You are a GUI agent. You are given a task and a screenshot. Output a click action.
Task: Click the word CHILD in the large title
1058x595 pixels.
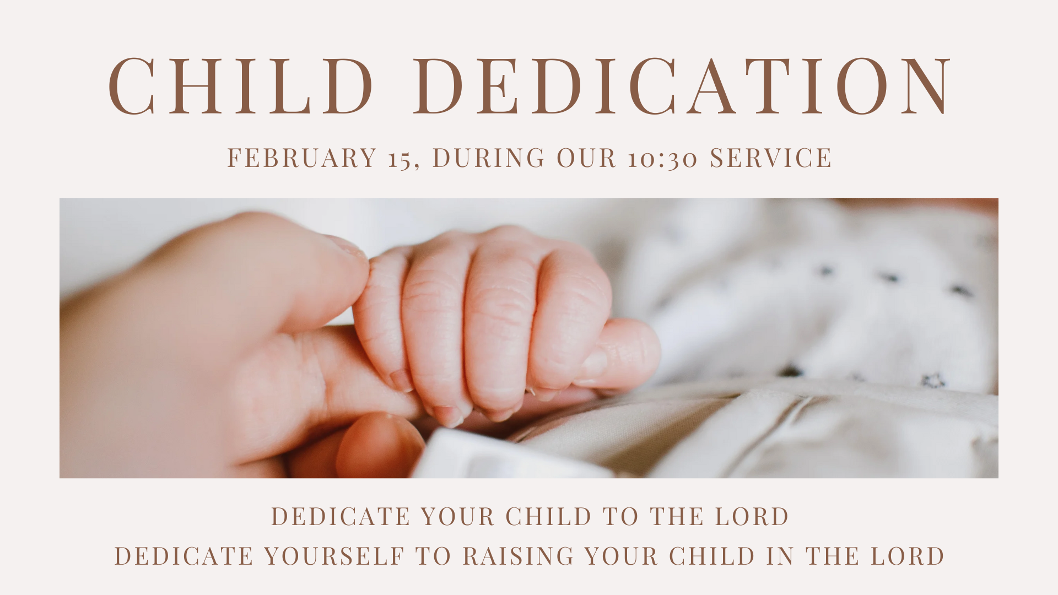[241, 86]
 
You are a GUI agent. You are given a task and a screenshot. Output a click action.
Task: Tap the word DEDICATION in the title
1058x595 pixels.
[682, 86]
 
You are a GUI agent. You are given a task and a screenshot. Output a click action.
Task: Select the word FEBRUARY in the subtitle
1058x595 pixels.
[302, 158]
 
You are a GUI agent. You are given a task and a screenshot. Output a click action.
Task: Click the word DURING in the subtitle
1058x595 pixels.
[489, 158]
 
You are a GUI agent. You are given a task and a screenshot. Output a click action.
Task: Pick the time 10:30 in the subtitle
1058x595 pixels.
[662, 159]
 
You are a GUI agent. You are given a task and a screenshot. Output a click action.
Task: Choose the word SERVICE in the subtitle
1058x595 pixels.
[771, 158]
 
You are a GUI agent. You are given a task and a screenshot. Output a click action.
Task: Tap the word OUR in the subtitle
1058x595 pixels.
[586, 158]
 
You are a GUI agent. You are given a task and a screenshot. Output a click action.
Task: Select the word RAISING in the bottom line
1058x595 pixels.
[519, 556]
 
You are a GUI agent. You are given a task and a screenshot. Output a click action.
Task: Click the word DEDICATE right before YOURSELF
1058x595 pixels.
[183, 556]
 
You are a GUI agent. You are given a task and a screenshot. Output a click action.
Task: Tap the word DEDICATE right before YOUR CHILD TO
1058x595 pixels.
[341, 516]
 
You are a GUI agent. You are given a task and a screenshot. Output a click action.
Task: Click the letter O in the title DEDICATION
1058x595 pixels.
[862, 86]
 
